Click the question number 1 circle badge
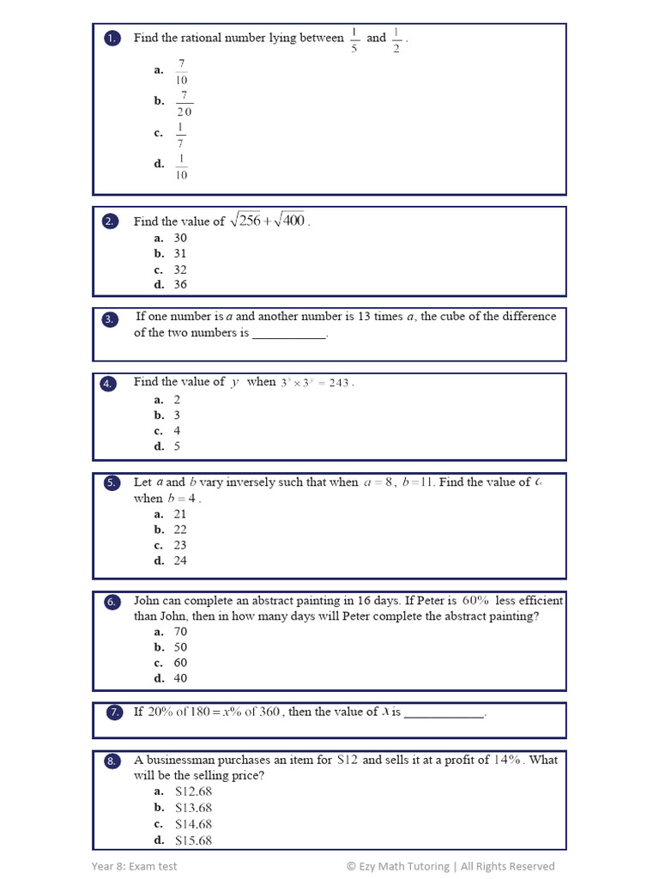[x=112, y=39]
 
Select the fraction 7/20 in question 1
[x=184, y=104]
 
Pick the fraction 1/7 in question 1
[x=180, y=135]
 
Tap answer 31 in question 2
[x=179, y=254]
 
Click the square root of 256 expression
[x=245, y=221]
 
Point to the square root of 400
[x=289, y=221]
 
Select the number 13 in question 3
[x=365, y=317]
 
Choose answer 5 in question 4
[x=177, y=446]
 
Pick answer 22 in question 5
[x=179, y=530]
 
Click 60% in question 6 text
[x=476, y=601]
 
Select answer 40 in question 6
[x=179, y=678]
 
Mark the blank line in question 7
[x=444, y=713]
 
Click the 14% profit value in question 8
[x=508, y=760]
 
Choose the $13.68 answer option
[x=193, y=809]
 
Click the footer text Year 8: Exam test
[x=135, y=866]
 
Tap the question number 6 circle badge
[x=112, y=603]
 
